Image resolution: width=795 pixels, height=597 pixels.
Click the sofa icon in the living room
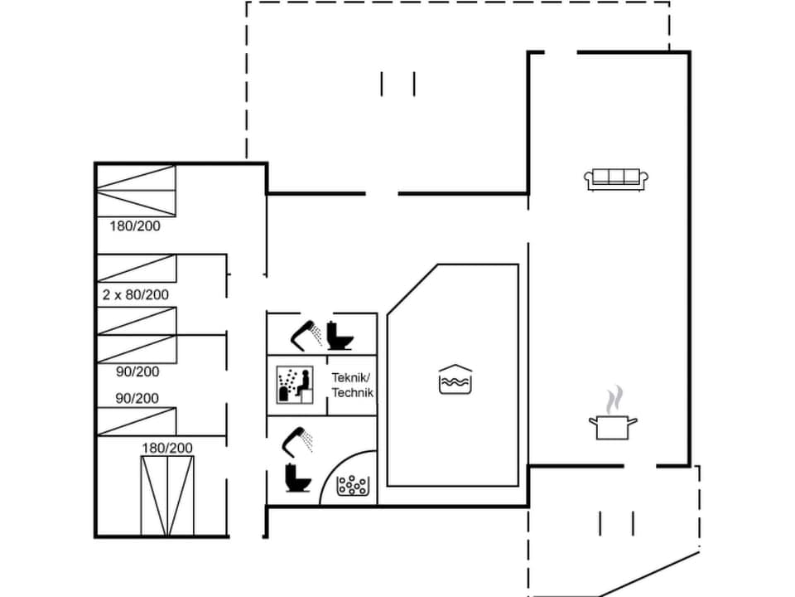coord(616,179)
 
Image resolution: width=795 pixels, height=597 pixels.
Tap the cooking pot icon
coord(613,428)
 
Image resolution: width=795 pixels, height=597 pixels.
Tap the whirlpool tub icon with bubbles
coord(352,485)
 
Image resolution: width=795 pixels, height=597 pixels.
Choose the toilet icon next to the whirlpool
coord(295,478)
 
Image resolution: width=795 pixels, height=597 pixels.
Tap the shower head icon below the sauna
coord(297,439)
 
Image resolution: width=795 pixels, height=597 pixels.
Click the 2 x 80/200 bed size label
coord(136,294)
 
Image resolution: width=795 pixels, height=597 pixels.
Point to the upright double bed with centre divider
coord(167,495)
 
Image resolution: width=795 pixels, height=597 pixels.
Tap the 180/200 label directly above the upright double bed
coord(166,448)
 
